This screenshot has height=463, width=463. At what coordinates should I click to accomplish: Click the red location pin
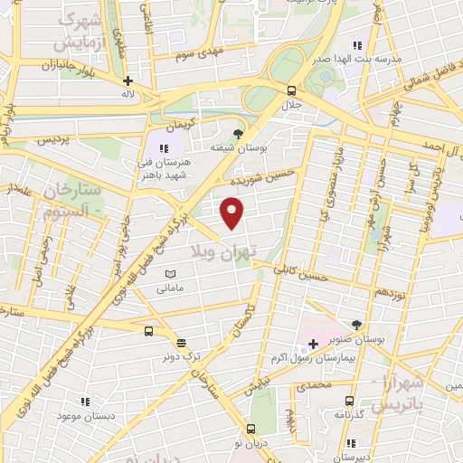click(232, 212)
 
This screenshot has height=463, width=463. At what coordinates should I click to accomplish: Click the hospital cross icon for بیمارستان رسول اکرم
click(313, 344)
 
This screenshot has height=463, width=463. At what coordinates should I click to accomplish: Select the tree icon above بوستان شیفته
click(238, 134)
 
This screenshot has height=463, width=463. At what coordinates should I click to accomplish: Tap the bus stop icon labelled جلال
click(291, 90)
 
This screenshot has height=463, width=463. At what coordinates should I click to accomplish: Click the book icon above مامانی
click(170, 274)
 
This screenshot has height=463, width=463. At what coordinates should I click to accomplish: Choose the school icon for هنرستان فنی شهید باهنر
click(164, 148)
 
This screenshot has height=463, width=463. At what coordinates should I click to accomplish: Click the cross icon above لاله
click(128, 80)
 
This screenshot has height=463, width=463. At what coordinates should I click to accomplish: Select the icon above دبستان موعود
click(86, 401)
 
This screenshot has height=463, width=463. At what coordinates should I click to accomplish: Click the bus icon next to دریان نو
click(250, 430)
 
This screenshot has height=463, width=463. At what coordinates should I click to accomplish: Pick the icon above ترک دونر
click(181, 342)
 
